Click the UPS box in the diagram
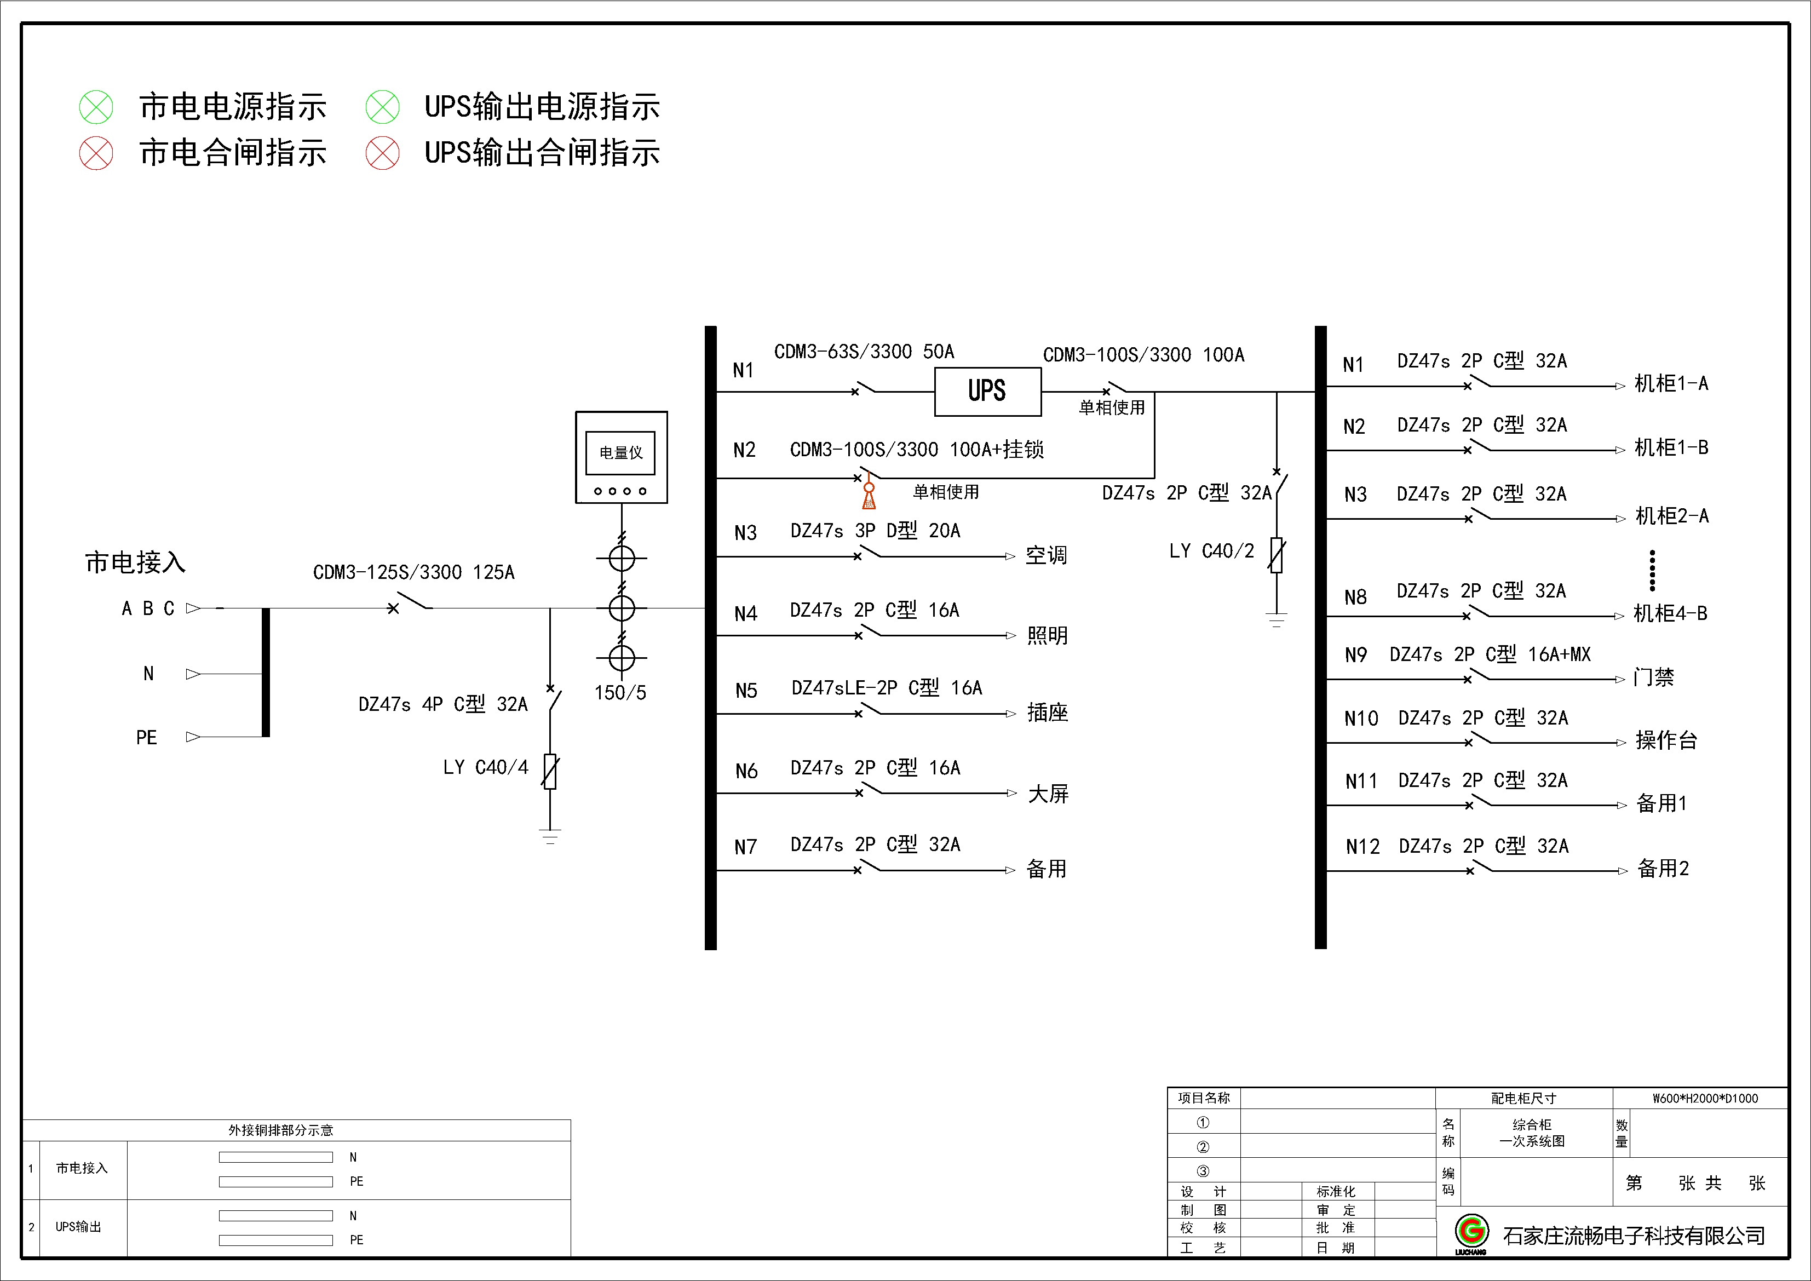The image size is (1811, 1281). [x=987, y=391]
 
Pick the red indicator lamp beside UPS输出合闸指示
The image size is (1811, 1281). [x=383, y=153]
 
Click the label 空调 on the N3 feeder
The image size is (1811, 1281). [x=1046, y=555]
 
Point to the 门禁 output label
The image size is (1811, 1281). [x=1653, y=677]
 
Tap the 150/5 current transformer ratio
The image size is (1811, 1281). [x=620, y=693]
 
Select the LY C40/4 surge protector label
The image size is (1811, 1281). [x=485, y=767]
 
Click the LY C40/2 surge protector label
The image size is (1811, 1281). [x=1211, y=550]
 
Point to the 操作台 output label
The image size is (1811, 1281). [x=1666, y=740]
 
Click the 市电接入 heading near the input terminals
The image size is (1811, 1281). [x=135, y=562]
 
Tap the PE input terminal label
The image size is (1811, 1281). [x=147, y=738]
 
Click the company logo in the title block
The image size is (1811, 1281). [x=1471, y=1232]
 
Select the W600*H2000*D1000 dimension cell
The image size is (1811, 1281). [x=1705, y=1098]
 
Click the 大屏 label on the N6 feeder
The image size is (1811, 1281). [x=1048, y=794]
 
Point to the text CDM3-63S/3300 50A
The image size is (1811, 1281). [x=864, y=352]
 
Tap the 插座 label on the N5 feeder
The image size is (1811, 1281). [x=1048, y=713]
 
